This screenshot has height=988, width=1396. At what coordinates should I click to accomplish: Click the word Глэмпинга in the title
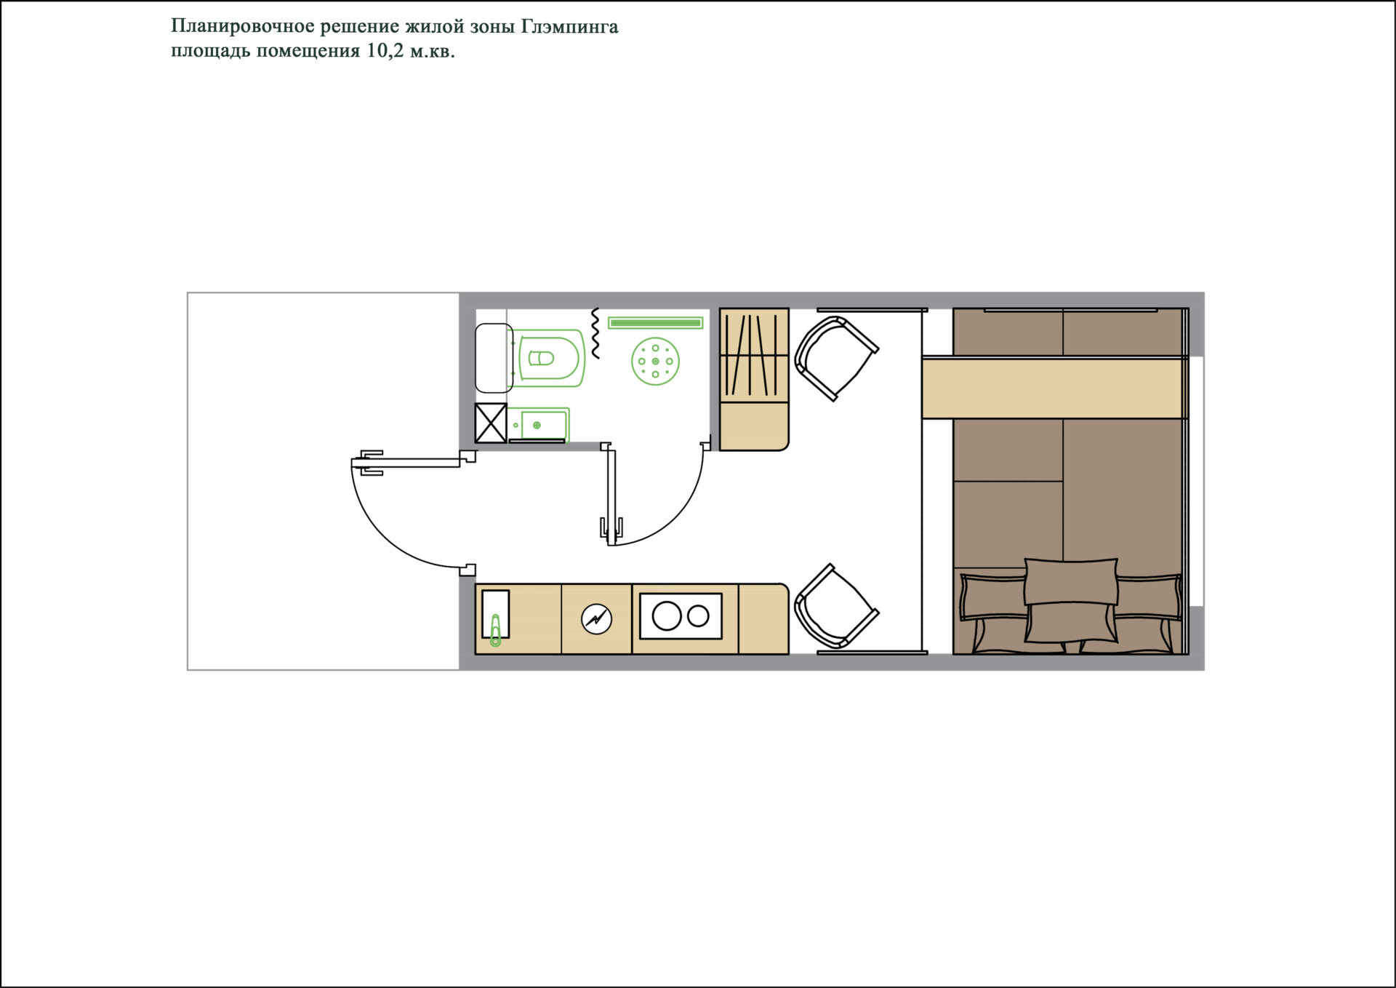click(x=569, y=28)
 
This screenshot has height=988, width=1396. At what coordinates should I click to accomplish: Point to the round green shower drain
click(x=655, y=362)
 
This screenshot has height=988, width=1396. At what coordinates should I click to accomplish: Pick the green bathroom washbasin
click(x=538, y=425)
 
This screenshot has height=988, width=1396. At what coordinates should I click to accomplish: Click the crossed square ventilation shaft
click(x=491, y=423)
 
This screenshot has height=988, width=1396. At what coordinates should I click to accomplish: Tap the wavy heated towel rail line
click(x=595, y=333)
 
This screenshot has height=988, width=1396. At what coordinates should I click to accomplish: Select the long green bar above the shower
click(x=655, y=322)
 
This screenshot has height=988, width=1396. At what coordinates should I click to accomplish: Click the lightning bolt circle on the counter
click(x=596, y=619)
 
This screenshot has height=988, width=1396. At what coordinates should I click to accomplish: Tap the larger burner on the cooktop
click(x=667, y=616)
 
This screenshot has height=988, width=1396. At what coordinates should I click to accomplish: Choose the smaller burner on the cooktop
click(x=698, y=616)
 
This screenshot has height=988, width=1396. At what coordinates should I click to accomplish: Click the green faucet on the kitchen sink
click(x=496, y=630)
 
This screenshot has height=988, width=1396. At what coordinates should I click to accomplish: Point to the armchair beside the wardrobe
click(x=836, y=358)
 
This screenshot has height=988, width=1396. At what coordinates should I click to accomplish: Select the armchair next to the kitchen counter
click(x=836, y=607)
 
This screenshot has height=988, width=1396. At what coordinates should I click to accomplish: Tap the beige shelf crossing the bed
click(x=1054, y=388)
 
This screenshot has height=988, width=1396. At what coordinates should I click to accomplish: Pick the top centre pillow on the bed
click(x=1071, y=581)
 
